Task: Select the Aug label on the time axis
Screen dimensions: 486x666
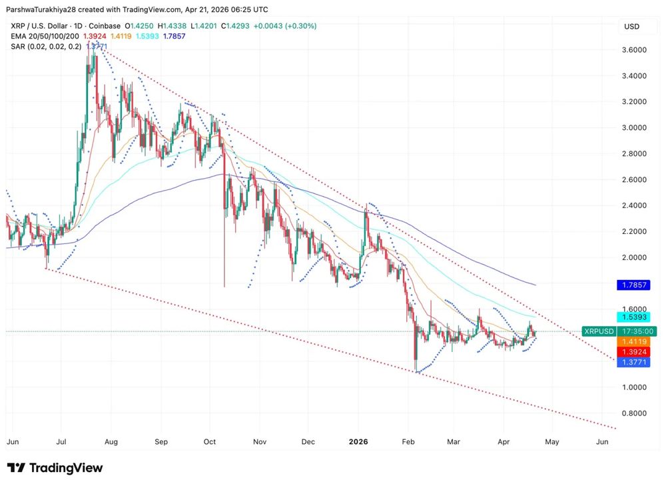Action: click(x=111, y=441)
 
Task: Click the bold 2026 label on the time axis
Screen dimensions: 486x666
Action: click(x=358, y=441)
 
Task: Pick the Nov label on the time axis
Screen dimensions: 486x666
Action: click(x=260, y=441)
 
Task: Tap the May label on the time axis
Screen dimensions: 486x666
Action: click(x=552, y=441)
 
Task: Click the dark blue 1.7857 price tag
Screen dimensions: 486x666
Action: click(x=633, y=285)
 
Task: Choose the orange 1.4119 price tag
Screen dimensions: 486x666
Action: click(x=633, y=341)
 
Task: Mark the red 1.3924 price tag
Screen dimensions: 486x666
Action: click(x=633, y=351)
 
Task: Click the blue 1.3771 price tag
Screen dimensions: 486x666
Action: click(x=633, y=361)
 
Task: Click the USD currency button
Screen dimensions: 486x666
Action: click(x=631, y=26)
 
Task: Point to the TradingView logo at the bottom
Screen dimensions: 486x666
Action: click(x=55, y=468)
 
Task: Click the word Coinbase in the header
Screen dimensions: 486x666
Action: click(x=103, y=26)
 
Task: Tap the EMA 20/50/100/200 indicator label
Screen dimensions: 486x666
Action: click(x=44, y=36)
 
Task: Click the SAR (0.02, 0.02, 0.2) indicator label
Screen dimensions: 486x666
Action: click(x=45, y=46)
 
